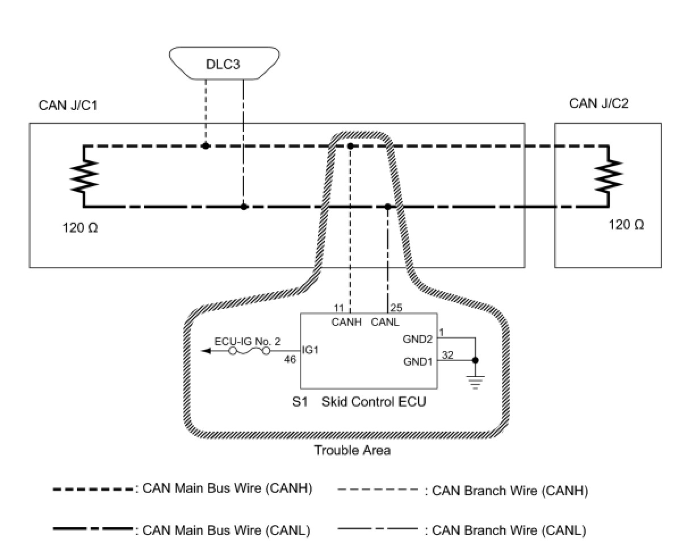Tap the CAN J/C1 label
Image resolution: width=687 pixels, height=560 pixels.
point(68,106)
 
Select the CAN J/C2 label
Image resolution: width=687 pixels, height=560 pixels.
point(599,103)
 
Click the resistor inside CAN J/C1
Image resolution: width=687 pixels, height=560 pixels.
point(83,176)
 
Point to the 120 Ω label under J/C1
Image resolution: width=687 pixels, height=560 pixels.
point(79,229)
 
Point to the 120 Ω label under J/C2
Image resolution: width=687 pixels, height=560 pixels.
point(626,225)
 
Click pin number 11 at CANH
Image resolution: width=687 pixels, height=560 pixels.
point(338,308)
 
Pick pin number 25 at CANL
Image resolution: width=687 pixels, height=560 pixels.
point(396,308)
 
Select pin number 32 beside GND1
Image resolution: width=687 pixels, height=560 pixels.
point(447,355)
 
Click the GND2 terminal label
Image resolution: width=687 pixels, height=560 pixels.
point(418,340)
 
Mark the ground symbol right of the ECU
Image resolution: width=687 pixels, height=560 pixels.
point(475,382)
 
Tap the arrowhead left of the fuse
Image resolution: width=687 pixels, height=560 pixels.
point(207,351)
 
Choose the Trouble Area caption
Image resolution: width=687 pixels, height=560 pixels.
point(353,450)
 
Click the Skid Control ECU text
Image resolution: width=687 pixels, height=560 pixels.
point(374,402)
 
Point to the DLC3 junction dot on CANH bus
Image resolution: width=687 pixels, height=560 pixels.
point(206,146)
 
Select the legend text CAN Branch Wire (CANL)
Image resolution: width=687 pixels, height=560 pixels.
point(509,531)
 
